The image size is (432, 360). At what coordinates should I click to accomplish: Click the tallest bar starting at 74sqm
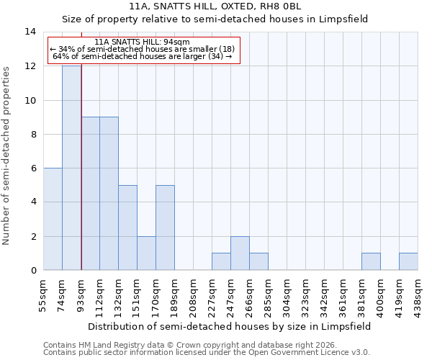click(x=71, y=168)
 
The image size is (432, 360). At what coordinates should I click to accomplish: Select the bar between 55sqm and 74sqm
click(x=53, y=219)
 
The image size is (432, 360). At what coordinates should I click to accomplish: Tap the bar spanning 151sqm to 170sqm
click(x=146, y=253)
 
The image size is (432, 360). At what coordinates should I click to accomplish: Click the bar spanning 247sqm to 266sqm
click(x=240, y=253)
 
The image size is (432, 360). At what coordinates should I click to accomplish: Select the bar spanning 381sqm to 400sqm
click(x=371, y=261)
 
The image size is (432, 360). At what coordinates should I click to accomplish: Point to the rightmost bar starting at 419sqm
click(x=408, y=261)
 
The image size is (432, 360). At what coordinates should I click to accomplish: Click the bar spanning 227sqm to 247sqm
click(x=221, y=261)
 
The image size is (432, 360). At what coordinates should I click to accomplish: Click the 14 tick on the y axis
click(x=30, y=32)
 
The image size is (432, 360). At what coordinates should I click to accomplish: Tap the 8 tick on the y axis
click(x=33, y=134)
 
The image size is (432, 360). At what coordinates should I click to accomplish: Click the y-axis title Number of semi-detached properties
click(x=7, y=156)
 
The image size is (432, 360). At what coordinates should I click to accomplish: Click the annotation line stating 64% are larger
click(x=142, y=56)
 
